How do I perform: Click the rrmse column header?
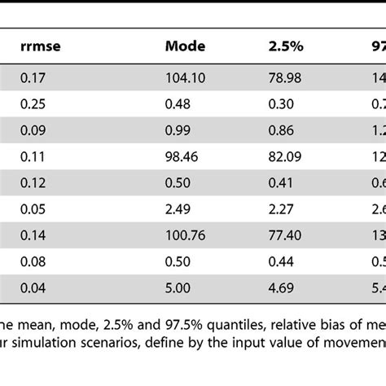click(x=41, y=47)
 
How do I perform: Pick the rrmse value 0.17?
click(x=33, y=77)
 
